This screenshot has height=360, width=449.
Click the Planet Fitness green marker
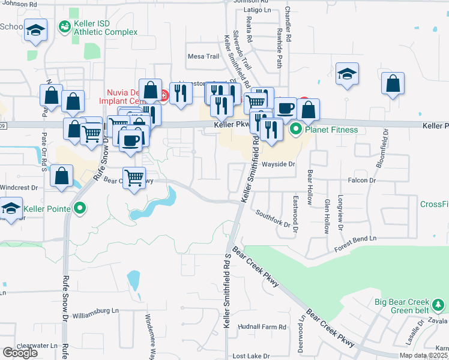295,129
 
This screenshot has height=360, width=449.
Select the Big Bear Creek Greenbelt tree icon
439,305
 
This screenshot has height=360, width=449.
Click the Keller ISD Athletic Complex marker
64,27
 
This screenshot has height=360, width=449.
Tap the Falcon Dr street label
361,180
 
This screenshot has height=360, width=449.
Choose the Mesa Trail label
203,56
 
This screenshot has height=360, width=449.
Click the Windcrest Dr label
19,187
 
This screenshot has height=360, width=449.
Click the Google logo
20,353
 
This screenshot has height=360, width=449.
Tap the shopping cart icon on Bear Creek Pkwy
134,178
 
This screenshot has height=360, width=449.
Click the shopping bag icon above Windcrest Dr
62,176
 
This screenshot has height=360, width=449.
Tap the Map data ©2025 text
424,355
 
